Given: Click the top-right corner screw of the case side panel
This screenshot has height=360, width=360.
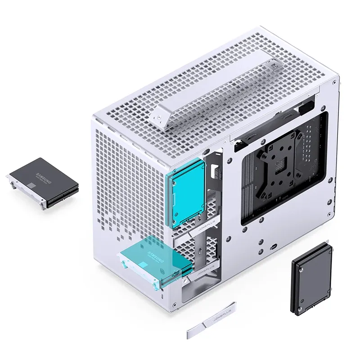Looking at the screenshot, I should (x=334, y=83).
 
